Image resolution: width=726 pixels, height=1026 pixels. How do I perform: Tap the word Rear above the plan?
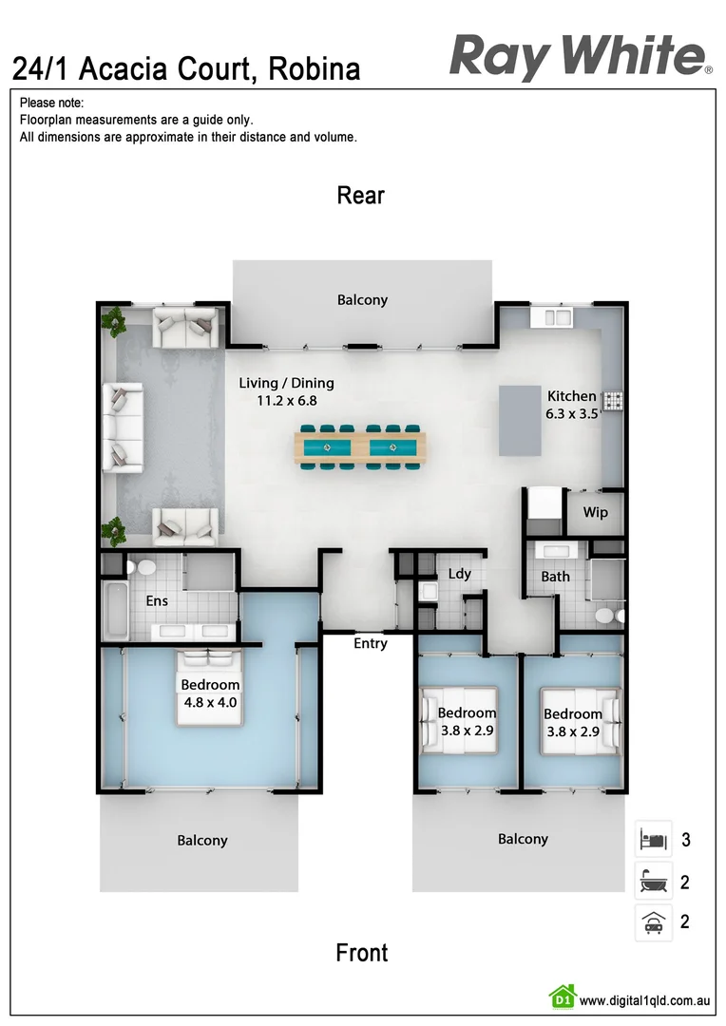[x=361, y=196]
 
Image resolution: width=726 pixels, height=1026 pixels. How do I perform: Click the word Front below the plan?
[x=362, y=953]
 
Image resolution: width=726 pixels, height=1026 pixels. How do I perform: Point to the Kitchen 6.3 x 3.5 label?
[x=571, y=405]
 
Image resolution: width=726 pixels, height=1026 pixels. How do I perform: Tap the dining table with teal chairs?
[x=361, y=446]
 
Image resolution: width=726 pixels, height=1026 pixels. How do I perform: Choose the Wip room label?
[x=596, y=513]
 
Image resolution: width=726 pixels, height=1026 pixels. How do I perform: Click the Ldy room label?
[x=460, y=574]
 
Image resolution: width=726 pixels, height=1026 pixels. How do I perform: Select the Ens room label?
[x=157, y=601]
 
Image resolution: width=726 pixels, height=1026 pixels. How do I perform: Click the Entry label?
[x=371, y=644]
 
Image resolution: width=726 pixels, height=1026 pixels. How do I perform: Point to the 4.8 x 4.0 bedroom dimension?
[x=210, y=703]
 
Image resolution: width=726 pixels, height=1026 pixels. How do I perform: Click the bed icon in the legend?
[x=653, y=840]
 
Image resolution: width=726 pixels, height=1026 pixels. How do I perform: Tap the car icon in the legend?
[x=653, y=922]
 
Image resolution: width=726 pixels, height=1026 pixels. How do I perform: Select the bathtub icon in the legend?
[x=653, y=882]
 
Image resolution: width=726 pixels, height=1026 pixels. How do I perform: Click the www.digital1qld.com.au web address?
[x=644, y=1000]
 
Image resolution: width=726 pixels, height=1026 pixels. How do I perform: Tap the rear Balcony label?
[x=362, y=300]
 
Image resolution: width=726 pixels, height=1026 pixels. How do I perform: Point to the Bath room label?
[x=556, y=577]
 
